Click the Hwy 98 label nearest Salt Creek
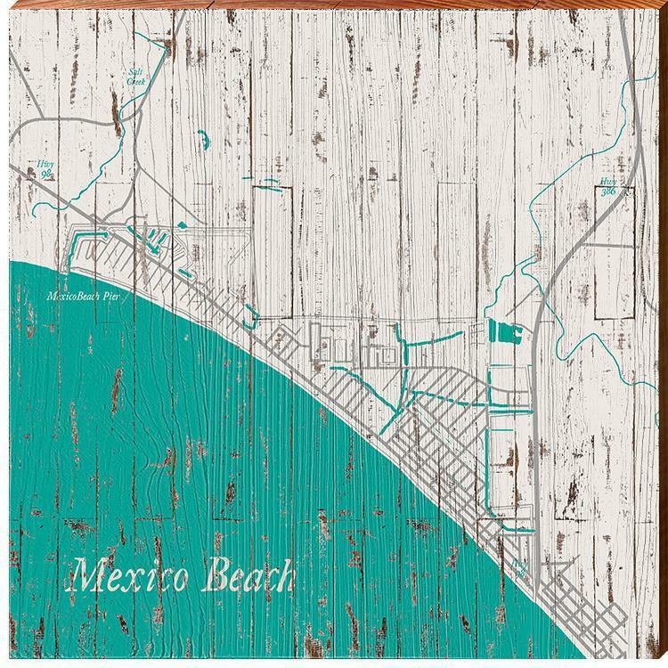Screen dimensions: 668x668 (x=45, y=168)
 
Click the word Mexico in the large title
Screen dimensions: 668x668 (x=134, y=577)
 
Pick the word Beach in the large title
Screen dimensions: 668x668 (x=248, y=577)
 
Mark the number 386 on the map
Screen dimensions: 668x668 (x=608, y=191)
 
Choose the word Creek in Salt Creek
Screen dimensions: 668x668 (x=135, y=81)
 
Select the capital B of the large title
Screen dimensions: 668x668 (x=216, y=576)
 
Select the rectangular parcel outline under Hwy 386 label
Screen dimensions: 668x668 (x=615, y=232)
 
